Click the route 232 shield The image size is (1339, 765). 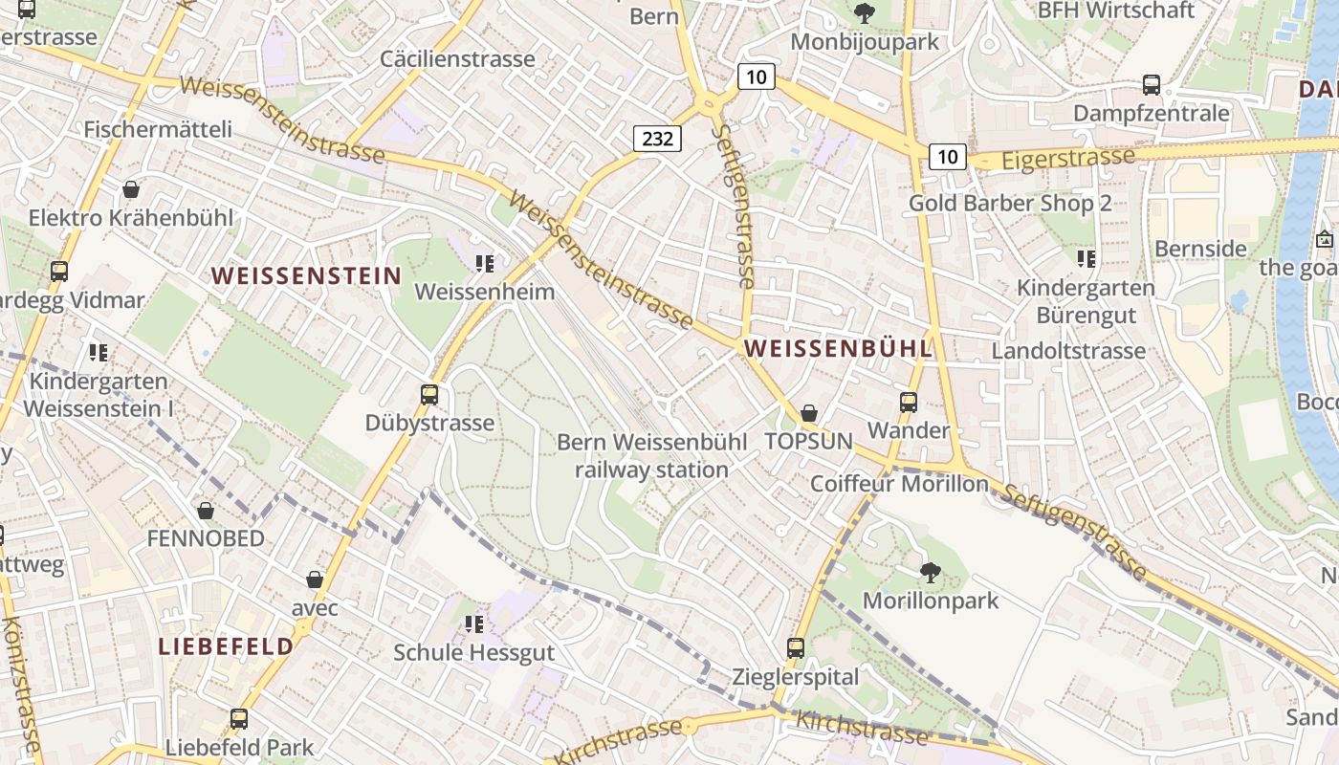[x=657, y=139]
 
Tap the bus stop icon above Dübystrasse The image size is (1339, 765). [x=429, y=394]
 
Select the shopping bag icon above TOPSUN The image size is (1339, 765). [x=809, y=413]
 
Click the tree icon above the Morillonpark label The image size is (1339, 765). [x=930, y=573]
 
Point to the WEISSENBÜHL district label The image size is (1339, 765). [x=838, y=349]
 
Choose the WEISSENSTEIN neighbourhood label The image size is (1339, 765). [x=306, y=276]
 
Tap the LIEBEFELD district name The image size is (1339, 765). [x=226, y=646]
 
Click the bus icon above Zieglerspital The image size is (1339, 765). [x=795, y=648]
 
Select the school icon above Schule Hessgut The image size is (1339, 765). [x=473, y=625]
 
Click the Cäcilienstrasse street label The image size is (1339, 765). [x=457, y=59]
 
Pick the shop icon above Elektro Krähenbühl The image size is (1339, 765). [x=131, y=189]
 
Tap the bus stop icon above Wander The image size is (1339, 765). [x=909, y=403]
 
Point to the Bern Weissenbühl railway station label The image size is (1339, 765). [x=651, y=456]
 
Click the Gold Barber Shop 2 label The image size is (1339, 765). [x=1010, y=203]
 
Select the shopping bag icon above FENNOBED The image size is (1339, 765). [x=205, y=511]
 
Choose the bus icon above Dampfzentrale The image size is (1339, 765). [x=1152, y=85]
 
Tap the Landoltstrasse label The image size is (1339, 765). [x=1068, y=351]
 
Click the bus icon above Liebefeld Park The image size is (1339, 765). [x=239, y=718]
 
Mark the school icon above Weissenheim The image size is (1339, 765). [x=485, y=263]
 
